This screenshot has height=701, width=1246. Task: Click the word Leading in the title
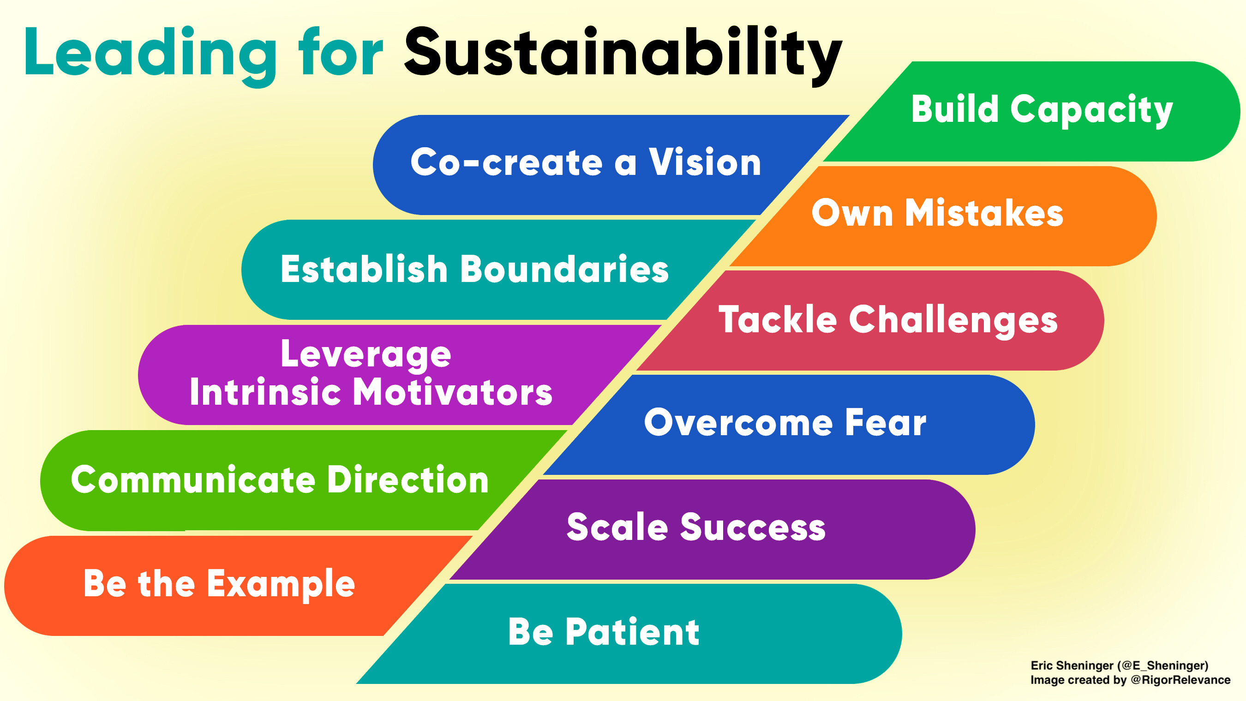pyautogui.click(x=150, y=56)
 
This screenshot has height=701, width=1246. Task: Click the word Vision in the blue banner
pyautogui.click(x=705, y=162)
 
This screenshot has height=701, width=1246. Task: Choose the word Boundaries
pyautogui.click(x=564, y=269)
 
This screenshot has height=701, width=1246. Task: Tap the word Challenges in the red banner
pyautogui.click(x=953, y=320)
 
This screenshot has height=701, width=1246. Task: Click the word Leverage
pyautogui.click(x=365, y=354)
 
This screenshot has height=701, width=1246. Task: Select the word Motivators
pyautogui.click(x=453, y=392)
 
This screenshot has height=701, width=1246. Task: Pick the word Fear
pyautogui.click(x=886, y=422)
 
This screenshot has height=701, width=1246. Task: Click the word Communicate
pyautogui.click(x=193, y=480)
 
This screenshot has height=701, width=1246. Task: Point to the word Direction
pyautogui.click(x=408, y=479)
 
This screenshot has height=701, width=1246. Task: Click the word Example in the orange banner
pyautogui.click(x=281, y=585)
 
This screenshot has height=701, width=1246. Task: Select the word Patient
pyautogui.click(x=633, y=632)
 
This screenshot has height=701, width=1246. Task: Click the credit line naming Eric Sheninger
pyautogui.click(x=1119, y=665)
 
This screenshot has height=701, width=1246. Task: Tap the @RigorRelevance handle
pyautogui.click(x=1180, y=680)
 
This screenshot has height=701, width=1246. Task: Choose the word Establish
pyautogui.click(x=364, y=269)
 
